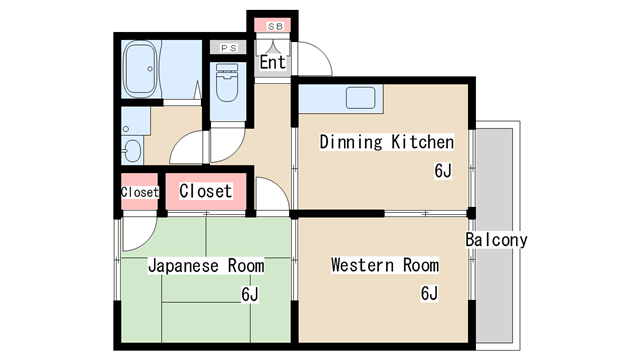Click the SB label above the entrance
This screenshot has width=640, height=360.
(x=275, y=27)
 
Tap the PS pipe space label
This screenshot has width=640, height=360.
(x=229, y=48)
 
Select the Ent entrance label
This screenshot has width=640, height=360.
(x=273, y=62)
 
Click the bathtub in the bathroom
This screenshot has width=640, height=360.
(x=140, y=69)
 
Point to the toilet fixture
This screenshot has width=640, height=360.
(x=227, y=82)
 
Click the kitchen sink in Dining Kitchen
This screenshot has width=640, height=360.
(x=360, y=98)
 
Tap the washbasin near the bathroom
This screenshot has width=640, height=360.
(x=132, y=151)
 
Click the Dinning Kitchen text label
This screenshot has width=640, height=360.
(x=387, y=142)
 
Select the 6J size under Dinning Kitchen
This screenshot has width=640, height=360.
(x=443, y=171)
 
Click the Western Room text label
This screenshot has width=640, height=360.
(x=385, y=265)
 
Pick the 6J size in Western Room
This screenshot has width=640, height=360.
(x=429, y=293)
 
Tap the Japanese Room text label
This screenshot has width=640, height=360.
(x=206, y=266)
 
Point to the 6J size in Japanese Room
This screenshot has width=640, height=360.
(x=250, y=294)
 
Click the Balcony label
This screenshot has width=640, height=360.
(x=496, y=240)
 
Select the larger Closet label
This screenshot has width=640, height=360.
(x=206, y=191)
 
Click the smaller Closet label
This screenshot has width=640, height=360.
(x=140, y=192)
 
